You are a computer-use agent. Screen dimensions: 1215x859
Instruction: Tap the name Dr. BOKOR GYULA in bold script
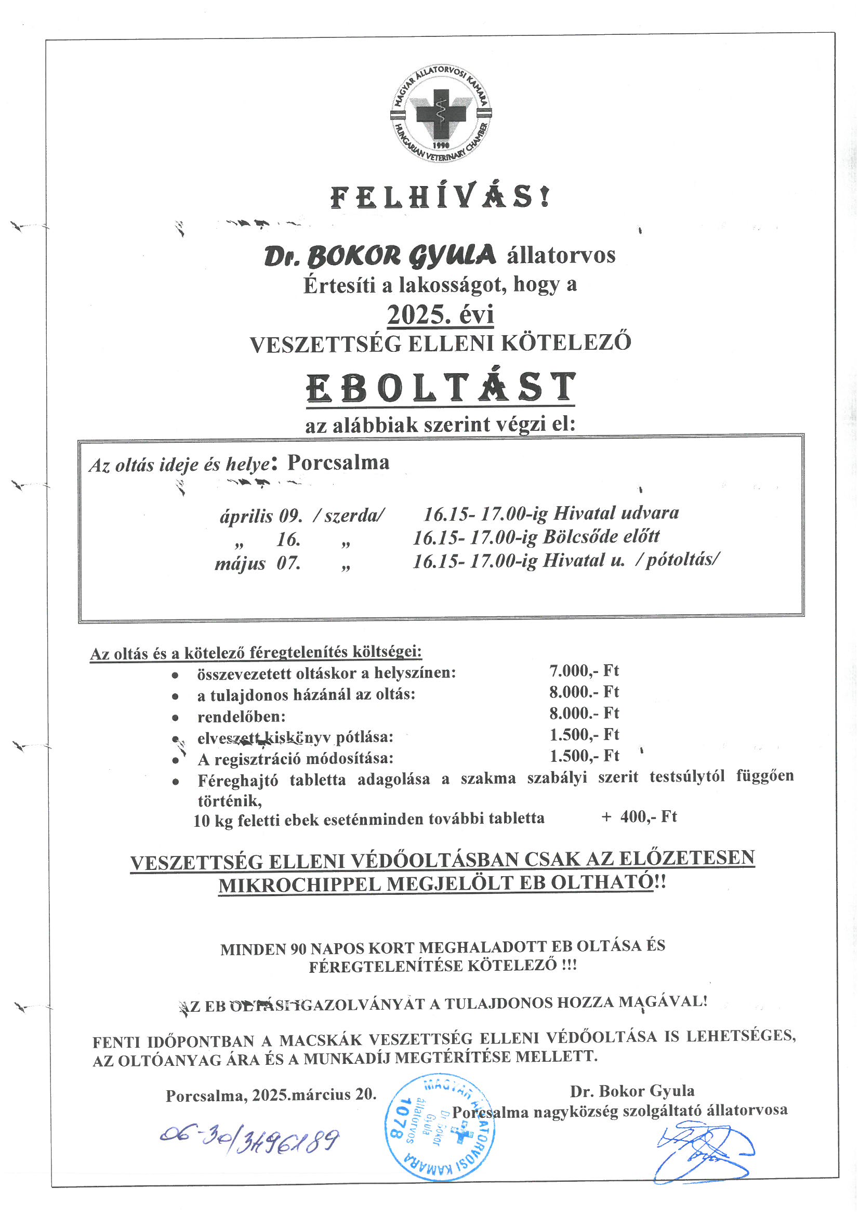(380, 256)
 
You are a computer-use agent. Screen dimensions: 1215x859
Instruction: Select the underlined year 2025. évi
(440, 315)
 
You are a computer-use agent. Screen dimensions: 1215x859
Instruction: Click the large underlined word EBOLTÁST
(441, 388)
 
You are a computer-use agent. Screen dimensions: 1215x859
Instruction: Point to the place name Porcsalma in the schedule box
(338, 463)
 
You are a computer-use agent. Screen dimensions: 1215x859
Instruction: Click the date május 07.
(258, 563)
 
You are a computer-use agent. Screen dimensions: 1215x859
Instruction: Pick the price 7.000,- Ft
(584, 671)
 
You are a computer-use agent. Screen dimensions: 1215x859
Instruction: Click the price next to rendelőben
(584, 714)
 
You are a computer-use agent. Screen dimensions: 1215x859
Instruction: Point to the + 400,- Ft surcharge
(639, 816)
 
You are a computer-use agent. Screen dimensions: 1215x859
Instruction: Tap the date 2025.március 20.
(314, 1095)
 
